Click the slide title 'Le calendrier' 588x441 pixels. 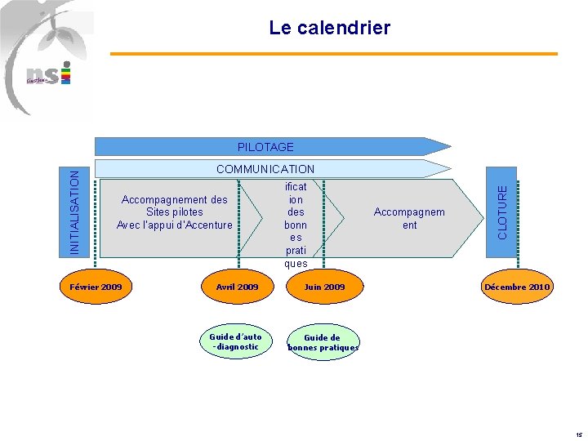click(x=330, y=29)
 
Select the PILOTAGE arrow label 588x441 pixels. click(x=265, y=147)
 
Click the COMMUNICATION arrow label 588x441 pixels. click(x=265, y=169)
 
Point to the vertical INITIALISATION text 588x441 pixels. click(x=74, y=211)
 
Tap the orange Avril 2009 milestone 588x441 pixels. click(x=237, y=287)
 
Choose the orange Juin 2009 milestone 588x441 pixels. click(x=324, y=287)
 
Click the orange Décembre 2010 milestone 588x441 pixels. click(x=517, y=287)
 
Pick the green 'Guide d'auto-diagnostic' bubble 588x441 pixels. click(x=235, y=341)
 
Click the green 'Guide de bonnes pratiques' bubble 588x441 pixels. click(x=323, y=342)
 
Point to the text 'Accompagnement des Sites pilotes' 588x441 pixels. click(x=174, y=206)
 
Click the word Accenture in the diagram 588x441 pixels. click(x=208, y=225)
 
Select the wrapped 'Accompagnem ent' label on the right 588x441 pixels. click(x=409, y=218)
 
